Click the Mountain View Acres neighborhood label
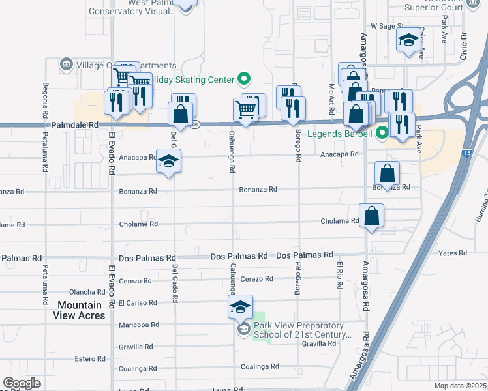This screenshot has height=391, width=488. (79, 310)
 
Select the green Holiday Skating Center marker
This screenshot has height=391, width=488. (244, 80)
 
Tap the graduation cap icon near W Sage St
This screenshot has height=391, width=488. (408, 40)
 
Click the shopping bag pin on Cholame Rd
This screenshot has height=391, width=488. (371, 216)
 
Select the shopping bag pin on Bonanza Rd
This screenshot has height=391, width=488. (387, 174)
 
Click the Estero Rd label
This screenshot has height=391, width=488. (90, 358)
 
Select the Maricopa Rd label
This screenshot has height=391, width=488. (139, 325)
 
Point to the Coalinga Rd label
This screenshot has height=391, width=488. (260, 366)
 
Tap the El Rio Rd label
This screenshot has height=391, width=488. (339, 273)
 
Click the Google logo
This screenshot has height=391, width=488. (22, 383)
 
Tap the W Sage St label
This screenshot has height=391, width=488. (384, 25)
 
